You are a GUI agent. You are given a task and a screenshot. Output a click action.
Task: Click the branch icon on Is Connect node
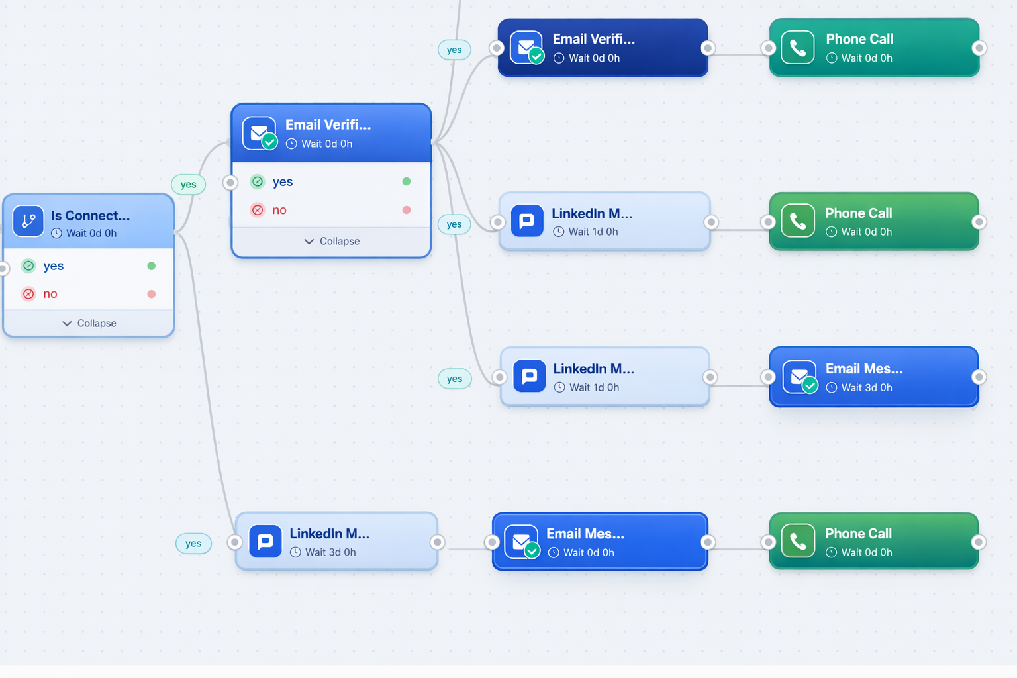(x=28, y=221)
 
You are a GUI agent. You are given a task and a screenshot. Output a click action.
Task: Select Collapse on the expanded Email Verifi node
(x=332, y=242)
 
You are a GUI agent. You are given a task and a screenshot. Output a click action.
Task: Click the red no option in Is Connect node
(x=50, y=294)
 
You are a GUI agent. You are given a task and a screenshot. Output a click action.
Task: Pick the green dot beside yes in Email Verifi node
(x=407, y=181)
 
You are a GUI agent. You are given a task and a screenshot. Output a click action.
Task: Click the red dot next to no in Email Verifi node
(x=407, y=210)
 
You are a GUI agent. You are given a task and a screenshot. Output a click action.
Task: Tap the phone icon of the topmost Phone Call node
(x=798, y=48)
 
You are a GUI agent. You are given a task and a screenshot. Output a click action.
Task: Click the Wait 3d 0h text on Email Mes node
(x=866, y=388)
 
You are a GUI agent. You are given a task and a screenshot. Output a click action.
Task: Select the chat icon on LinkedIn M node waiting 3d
(x=265, y=542)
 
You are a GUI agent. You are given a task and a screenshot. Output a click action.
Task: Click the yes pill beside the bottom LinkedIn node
(x=193, y=544)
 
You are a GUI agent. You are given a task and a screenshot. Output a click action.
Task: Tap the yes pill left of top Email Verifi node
(x=454, y=50)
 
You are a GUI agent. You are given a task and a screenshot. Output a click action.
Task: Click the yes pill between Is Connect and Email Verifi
(x=189, y=185)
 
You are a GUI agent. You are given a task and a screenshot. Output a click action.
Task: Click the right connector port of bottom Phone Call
(x=978, y=542)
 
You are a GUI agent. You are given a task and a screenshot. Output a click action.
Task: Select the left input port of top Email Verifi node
(x=497, y=48)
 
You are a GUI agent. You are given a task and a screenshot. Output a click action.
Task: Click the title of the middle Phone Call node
(x=858, y=213)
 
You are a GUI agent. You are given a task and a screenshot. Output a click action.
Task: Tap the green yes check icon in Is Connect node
(x=28, y=266)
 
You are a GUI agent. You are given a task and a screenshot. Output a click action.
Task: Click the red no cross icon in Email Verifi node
(x=258, y=210)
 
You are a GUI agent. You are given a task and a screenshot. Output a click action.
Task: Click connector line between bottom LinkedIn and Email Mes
(x=465, y=549)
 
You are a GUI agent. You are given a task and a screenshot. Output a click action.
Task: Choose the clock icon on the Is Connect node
(x=57, y=234)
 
